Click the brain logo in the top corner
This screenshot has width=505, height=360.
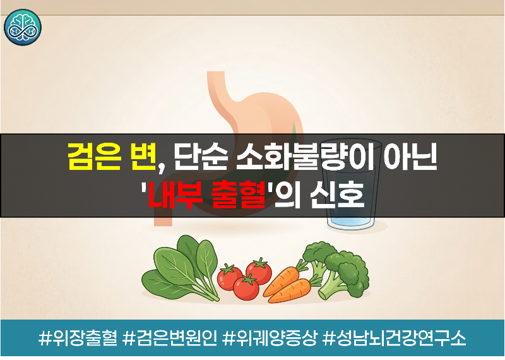click(x=21, y=27)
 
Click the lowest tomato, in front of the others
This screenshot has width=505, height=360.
click(x=246, y=287)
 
